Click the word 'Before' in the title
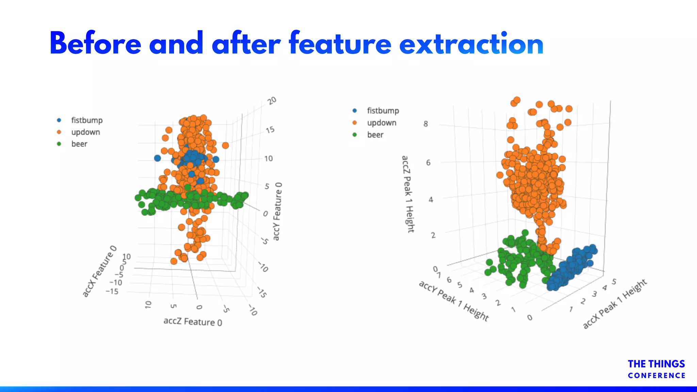(x=95, y=44)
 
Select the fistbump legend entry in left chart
(x=86, y=120)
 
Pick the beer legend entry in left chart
(x=79, y=144)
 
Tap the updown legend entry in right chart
(x=381, y=123)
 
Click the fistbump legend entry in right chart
(x=383, y=111)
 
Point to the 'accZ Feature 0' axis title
(x=193, y=322)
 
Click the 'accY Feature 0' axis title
(x=278, y=211)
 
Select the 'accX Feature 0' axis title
(x=99, y=271)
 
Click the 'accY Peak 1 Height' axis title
(x=453, y=300)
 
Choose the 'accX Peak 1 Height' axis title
(x=615, y=304)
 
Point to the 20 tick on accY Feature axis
(x=272, y=101)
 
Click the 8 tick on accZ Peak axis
(x=425, y=124)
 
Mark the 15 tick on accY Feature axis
(x=270, y=130)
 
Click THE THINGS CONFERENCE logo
(x=656, y=369)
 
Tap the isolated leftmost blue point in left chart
(x=157, y=158)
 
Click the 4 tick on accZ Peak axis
(x=431, y=200)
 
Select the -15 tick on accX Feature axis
(x=112, y=292)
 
